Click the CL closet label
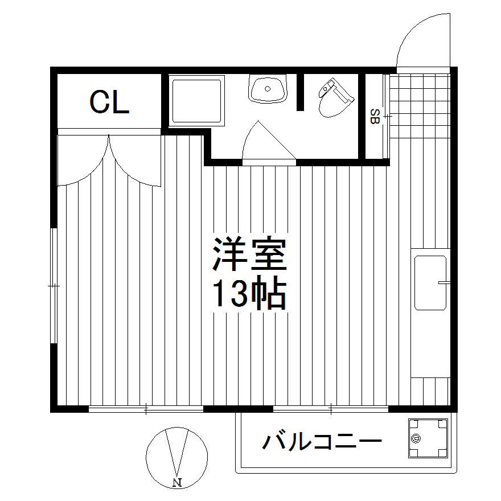point(109,102)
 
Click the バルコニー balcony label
point(322,442)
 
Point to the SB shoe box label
point(375,116)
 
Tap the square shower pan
point(196,101)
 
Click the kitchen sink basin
point(430,282)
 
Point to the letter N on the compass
point(176,483)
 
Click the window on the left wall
point(54,285)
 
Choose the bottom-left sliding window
point(146,408)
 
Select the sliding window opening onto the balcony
point(330,408)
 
